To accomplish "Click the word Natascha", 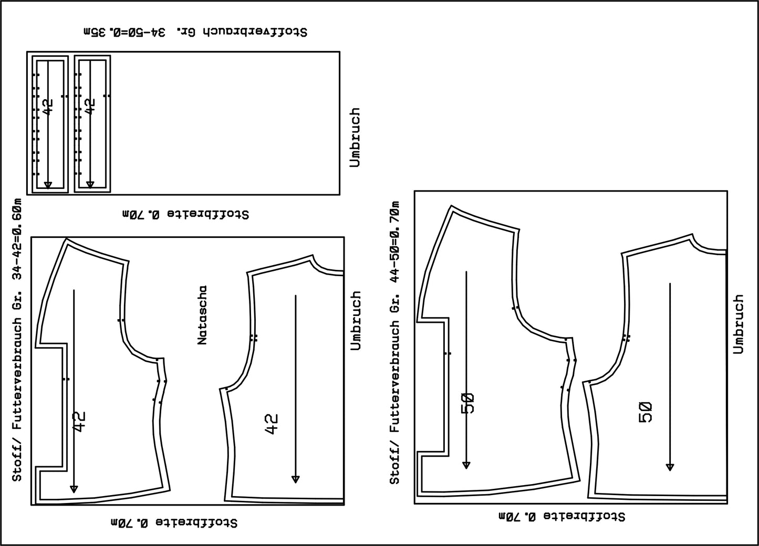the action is (x=202, y=316).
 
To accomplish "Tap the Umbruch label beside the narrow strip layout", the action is (x=355, y=138).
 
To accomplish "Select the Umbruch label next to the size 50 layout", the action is (x=739, y=324).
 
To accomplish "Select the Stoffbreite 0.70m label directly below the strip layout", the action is (x=186, y=214).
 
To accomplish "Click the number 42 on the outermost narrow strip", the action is (x=48, y=107).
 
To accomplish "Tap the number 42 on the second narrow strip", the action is (x=90, y=107).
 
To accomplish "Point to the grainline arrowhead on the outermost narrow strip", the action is (x=48, y=185).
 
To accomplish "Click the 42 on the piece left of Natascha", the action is (x=79, y=422).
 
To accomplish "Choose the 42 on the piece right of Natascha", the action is (x=272, y=424).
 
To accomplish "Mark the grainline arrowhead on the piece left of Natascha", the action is (x=74, y=489).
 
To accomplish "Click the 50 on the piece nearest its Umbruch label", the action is (x=645, y=412).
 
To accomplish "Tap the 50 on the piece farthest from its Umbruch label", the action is (x=468, y=403).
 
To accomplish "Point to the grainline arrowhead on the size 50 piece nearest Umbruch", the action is (x=670, y=467).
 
